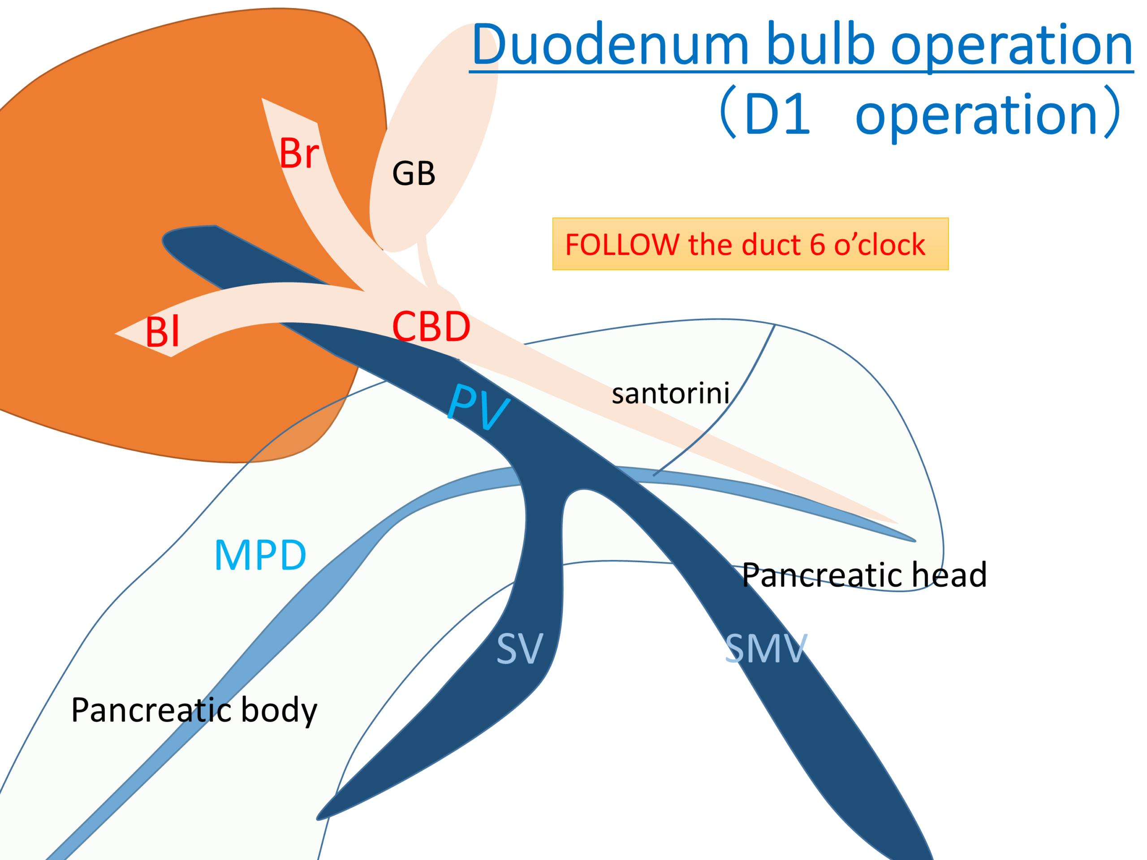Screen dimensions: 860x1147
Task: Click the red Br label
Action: (299, 154)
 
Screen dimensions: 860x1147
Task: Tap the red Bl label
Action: (162, 332)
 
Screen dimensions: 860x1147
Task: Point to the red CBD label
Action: (431, 327)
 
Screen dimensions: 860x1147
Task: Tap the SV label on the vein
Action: (520, 649)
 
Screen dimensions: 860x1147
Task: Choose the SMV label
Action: (765, 649)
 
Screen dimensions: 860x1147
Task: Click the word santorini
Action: (670, 393)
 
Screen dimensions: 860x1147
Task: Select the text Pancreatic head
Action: (864, 576)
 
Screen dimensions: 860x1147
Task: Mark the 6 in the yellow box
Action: (817, 245)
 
